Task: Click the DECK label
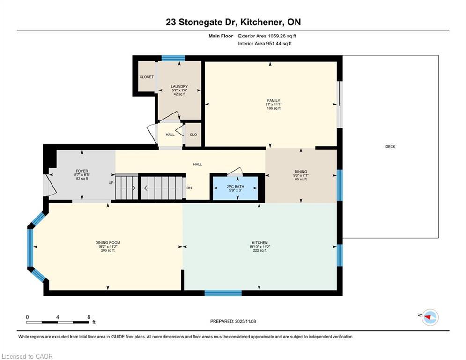pyautogui.click(x=390, y=147)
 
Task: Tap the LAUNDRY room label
pyautogui.click(x=179, y=86)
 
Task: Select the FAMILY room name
pyautogui.click(x=274, y=101)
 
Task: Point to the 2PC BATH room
pyautogui.click(x=235, y=187)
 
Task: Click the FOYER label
pyautogui.click(x=82, y=171)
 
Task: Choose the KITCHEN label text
pyautogui.click(x=260, y=243)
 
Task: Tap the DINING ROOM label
pyautogui.click(x=108, y=243)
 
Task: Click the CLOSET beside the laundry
pyautogui.click(x=147, y=77)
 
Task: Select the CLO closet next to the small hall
pyautogui.click(x=193, y=135)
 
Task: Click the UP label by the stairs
pyautogui.click(x=111, y=183)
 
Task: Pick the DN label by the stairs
pyautogui.click(x=189, y=188)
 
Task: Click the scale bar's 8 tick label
pyautogui.click(x=89, y=317)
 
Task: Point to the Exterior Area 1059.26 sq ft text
pyautogui.click(x=267, y=36)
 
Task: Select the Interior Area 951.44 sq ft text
pyautogui.click(x=265, y=44)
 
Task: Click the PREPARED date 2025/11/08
pyautogui.click(x=245, y=321)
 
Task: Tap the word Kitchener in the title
pyautogui.click(x=261, y=22)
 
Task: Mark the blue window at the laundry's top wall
pyautogui.click(x=173, y=58)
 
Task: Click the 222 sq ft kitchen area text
pyautogui.click(x=260, y=250)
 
